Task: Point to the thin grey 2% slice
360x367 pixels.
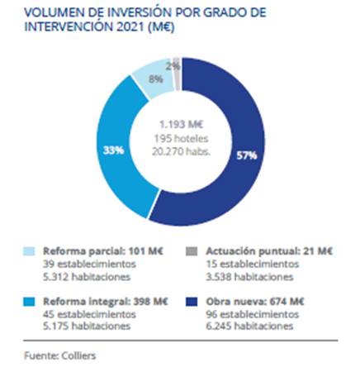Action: tap(178, 74)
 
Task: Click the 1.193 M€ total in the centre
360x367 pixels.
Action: tap(182, 125)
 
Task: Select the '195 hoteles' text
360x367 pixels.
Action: tap(181, 138)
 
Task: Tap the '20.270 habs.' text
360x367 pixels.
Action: tap(181, 151)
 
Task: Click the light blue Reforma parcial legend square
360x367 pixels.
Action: tap(29, 251)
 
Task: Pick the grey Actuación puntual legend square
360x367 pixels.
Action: tap(192, 251)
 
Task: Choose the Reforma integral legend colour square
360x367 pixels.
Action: tap(29, 302)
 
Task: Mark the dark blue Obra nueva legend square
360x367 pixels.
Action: tap(192, 302)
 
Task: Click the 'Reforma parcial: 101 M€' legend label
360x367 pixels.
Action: tap(103, 251)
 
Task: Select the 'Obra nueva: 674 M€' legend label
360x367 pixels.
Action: tap(255, 302)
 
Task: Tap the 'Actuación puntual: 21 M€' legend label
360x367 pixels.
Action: tap(269, 251)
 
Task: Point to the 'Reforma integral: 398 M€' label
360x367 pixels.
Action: tap(106, 302)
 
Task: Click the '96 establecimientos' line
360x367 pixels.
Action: tap(253, 314)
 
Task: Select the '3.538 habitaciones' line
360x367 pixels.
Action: tap(249, 277)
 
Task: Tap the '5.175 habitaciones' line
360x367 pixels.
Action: tap(87, 326)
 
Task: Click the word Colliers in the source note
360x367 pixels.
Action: tap(78, 355)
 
